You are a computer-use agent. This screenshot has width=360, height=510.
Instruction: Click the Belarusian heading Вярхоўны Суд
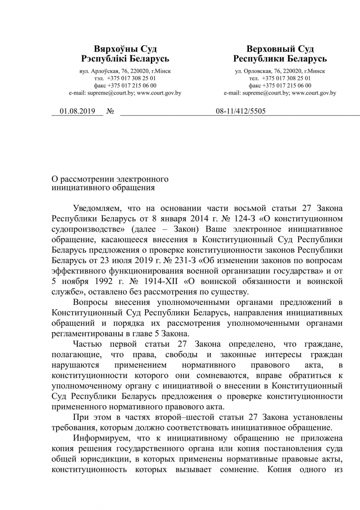click(125, 49)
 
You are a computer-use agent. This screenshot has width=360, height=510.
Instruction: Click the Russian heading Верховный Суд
click(280, 49)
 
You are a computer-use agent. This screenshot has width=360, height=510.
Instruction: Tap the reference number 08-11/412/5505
click(241, 111)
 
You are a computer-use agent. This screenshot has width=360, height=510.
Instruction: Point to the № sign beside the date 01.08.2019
click(111, 112)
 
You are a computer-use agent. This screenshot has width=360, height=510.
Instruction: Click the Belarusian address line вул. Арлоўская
click(125, 71)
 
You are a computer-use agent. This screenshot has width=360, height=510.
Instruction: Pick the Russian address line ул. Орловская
click(280, 71)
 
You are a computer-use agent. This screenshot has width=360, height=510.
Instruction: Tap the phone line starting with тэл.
click(125, 78)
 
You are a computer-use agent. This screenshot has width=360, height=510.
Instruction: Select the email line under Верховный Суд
click(280, 93)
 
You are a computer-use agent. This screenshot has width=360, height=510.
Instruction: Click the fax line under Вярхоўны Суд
click(125, 85)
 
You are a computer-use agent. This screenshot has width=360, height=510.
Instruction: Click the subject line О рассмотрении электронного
click(110, 179)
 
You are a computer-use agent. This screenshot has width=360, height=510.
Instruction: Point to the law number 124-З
click(227, 219)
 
